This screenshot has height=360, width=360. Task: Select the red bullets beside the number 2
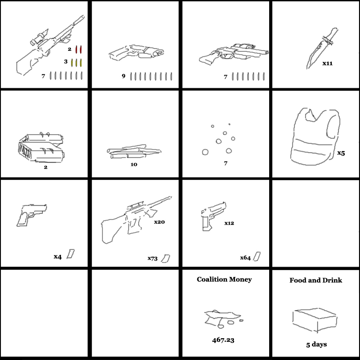tap(78, 50)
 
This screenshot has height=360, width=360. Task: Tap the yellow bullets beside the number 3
tap(76, 63)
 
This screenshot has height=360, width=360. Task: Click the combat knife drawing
tap(322, 48)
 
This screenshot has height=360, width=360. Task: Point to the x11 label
tap(328, 63)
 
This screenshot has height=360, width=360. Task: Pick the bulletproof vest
tap(315, 136)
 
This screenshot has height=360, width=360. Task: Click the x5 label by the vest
tap(341, 153)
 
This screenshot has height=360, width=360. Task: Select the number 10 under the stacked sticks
tap(134, 164)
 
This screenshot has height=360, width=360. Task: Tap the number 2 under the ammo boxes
tap(46, 167)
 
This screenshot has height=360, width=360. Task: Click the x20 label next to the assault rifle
tap(159, 222)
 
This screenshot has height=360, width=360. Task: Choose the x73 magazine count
tap(152, 259)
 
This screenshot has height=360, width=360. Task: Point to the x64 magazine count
tap(245, 258)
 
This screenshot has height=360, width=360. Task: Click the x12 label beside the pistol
tap(229, 223)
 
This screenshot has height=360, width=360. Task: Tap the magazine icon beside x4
tap(71, 254)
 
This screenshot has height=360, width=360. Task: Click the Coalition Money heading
tap(224, 279)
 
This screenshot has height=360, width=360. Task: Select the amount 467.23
tap(223, 340)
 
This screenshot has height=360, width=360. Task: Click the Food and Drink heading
tap(316, 280)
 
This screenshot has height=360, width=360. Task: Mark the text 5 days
tap(316, 344)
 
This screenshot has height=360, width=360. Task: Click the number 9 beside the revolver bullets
tap(124, 76)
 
